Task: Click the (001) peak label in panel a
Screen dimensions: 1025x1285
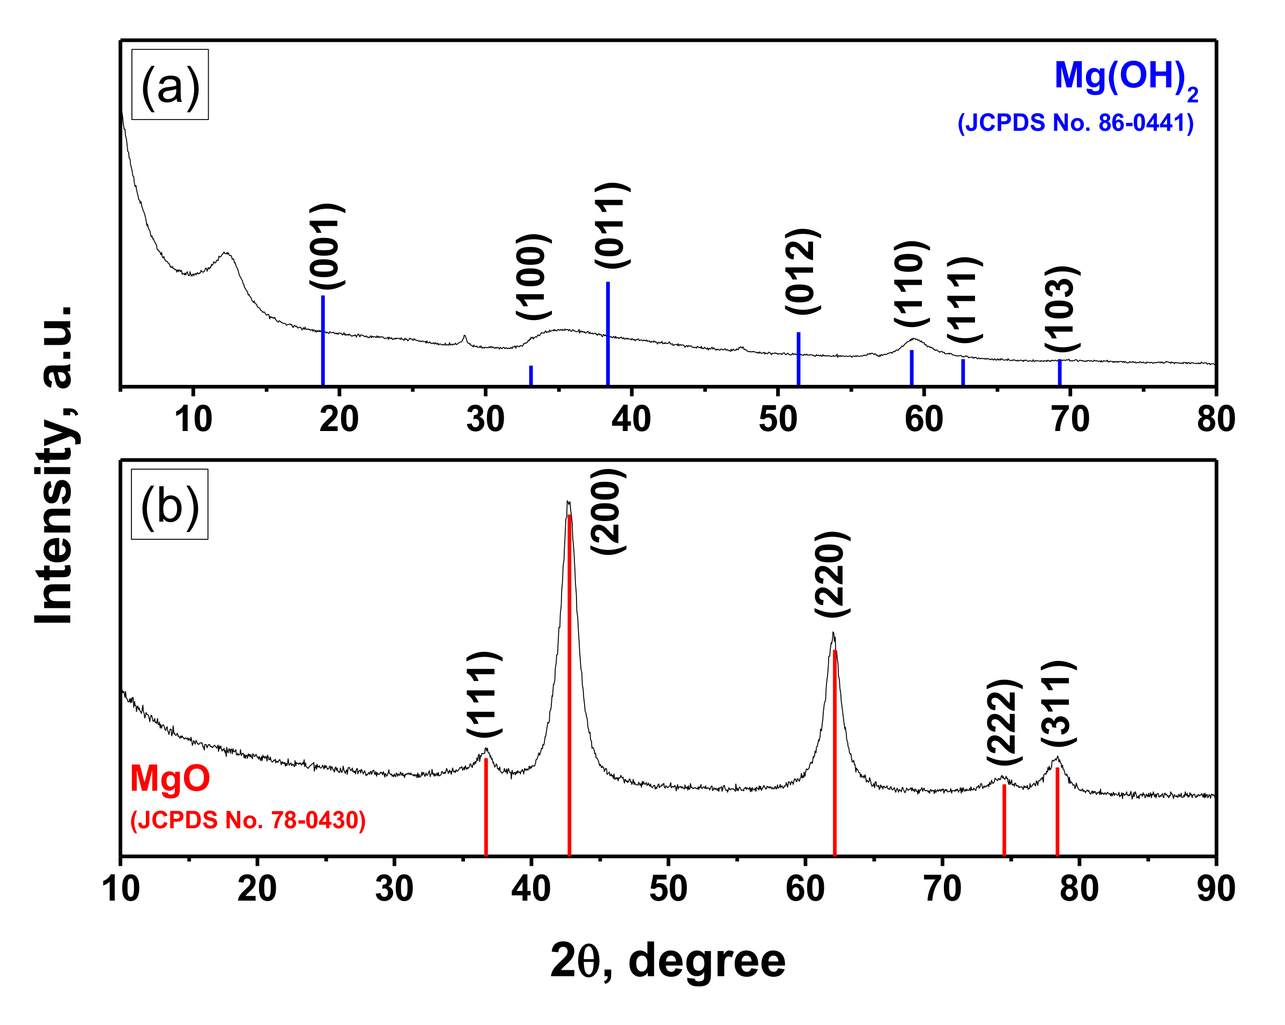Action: click(327, 246)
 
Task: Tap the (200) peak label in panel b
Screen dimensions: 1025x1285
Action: click(608, 512)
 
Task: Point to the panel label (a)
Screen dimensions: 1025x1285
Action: click(170, 85)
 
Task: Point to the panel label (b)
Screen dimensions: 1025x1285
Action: click(170, 504)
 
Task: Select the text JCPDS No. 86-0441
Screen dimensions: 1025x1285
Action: click(1076, 123)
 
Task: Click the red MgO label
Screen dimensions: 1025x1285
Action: click(170, 778)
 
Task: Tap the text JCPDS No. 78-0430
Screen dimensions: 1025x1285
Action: click(248, 820)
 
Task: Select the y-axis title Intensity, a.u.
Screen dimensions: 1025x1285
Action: click(55, 465)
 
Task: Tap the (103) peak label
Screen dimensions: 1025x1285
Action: click(1062, 309)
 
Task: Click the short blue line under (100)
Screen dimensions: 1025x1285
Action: click(530, 375)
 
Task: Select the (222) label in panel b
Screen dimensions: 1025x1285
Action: click(1005, 722)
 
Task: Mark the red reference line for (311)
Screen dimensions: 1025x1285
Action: click(1057, 811)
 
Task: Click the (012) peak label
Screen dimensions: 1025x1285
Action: click(802, 271)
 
